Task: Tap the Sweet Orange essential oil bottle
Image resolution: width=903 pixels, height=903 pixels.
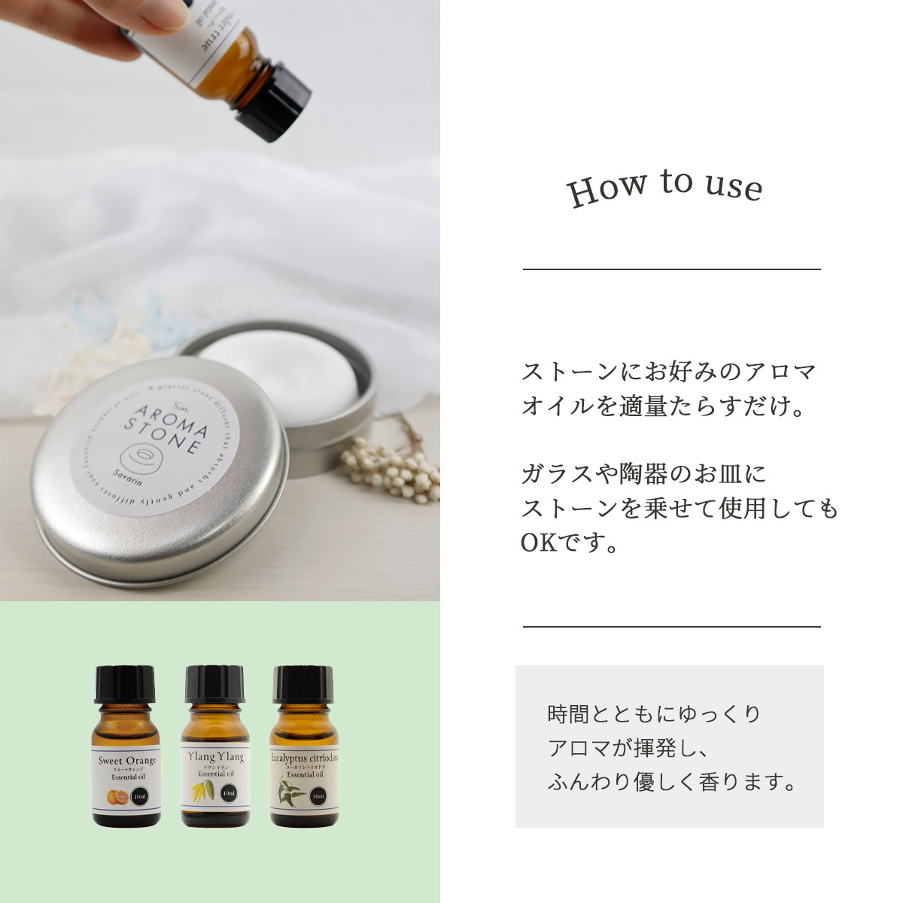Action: tap(126, 752)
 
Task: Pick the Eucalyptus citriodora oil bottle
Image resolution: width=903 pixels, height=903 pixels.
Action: tap(303, 752)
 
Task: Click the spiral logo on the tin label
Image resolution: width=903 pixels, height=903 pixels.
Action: tap(140, 458)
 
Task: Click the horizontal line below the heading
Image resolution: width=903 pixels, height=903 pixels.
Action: tap(671, 269)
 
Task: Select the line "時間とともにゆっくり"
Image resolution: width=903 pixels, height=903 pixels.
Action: tap(655, 713)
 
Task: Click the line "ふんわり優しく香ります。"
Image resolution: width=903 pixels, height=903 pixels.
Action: tap(672, 782)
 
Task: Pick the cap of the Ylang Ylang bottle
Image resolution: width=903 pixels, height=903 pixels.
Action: tap(215, 683)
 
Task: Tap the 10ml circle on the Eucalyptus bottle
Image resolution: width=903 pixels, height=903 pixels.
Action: tap(318, 795)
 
